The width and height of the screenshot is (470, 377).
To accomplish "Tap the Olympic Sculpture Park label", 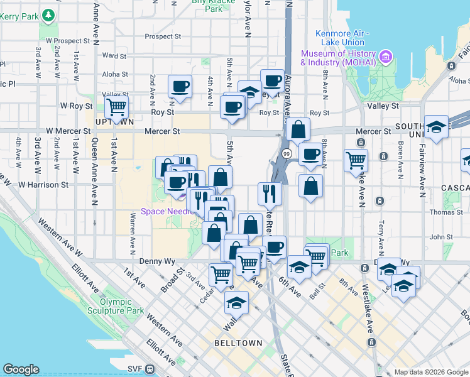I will pyautogui.click(x=121, y=306).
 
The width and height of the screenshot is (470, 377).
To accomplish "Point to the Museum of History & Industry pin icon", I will pyautogui.click(x=386, y=58).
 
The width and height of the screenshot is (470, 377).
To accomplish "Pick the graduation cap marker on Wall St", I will pyautogui.click(x=236, y=303).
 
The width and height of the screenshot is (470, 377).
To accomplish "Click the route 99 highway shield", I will pyautogui.click(x=287, y=153).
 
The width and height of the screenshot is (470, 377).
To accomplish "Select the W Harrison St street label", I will pyautogui.click(x=43, y=185).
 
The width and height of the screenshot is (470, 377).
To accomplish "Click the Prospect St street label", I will pyautogui.click(x=162, y=36).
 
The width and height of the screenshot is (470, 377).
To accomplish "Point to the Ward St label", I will pyautogui.click(x=117, y=56).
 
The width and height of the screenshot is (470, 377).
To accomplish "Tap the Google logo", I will pyautogui.click(x=21, y=369).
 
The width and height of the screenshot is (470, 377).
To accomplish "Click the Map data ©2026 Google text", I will pyautogui.click(x=431, y=372).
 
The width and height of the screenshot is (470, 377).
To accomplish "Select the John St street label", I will pyautogui.click(x=442, y=237).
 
